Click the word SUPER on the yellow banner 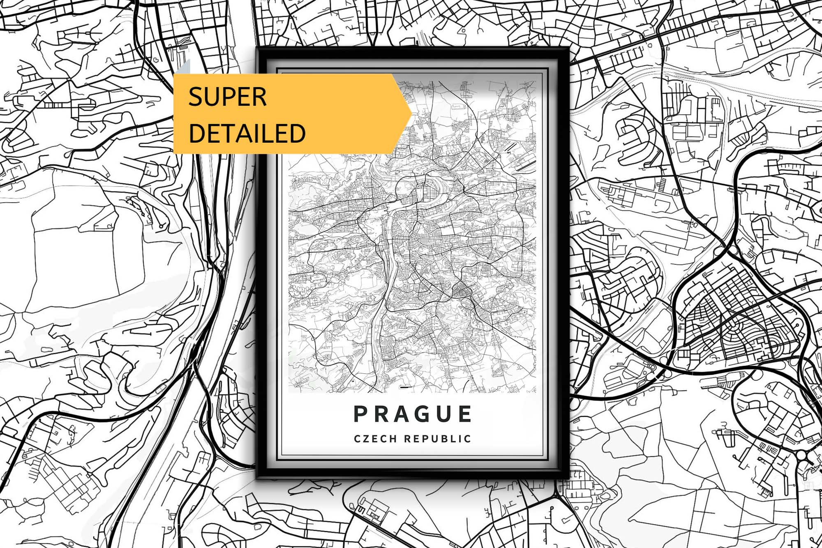[227, 97]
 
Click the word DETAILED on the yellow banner [247, 133]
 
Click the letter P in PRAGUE [360, 414]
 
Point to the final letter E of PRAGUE [465, 414]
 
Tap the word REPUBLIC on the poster [437, 439]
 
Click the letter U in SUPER [214, 97]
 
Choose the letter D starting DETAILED [197, 133]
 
